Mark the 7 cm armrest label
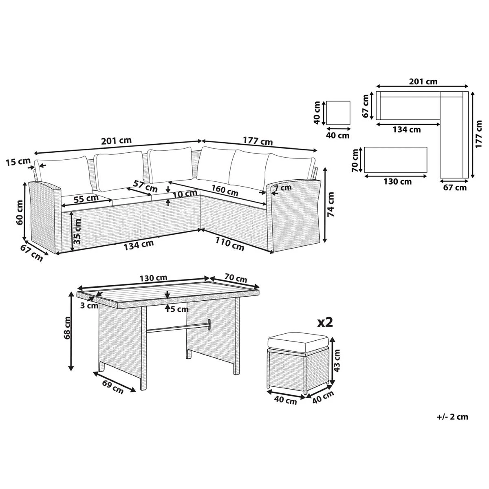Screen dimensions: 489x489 pyautogui.click(x=283, y=188)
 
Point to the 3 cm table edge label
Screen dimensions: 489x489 pyautogui.click(x=88, y=305)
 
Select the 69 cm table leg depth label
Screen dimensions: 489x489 pyautogui.click(x=112, y=387)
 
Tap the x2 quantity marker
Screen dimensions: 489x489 pyautogui.click(x=325, y=322)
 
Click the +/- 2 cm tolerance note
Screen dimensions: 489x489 pyautogui.click(x=452, y=416)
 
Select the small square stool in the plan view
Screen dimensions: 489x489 pyautogui.click(x=338, y=113)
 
